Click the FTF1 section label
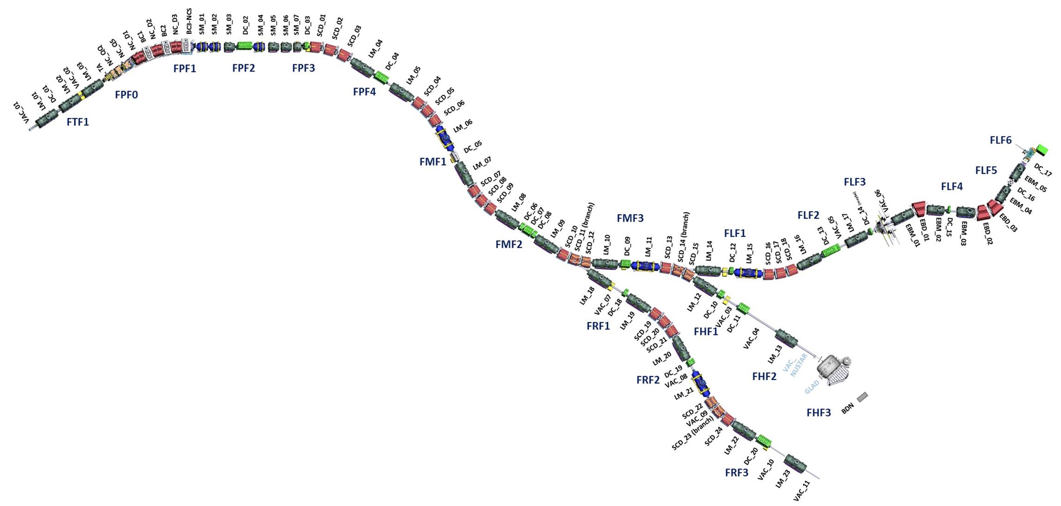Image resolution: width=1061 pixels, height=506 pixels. point(78,122)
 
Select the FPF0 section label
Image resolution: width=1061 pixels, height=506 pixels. point(126,95)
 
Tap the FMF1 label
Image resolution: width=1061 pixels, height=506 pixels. point(433,162)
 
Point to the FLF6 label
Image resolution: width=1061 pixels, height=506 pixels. point(1001,140)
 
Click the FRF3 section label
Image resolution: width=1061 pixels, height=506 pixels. point(737,473)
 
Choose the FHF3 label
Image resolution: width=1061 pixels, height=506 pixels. point(818,413)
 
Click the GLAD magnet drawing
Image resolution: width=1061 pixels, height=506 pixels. point(833,370)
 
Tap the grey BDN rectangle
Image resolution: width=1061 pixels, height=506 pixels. point(862,397)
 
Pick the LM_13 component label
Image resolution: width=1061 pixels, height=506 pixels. point(775,355)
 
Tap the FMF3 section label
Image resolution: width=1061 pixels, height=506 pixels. point(630,218)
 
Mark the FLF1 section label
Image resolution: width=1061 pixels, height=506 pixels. point(735,233)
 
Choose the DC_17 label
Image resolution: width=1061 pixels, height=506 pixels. point(1043,170)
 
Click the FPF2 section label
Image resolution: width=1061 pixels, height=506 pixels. point(243,68)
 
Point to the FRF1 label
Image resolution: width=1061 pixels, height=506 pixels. point(598,326)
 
